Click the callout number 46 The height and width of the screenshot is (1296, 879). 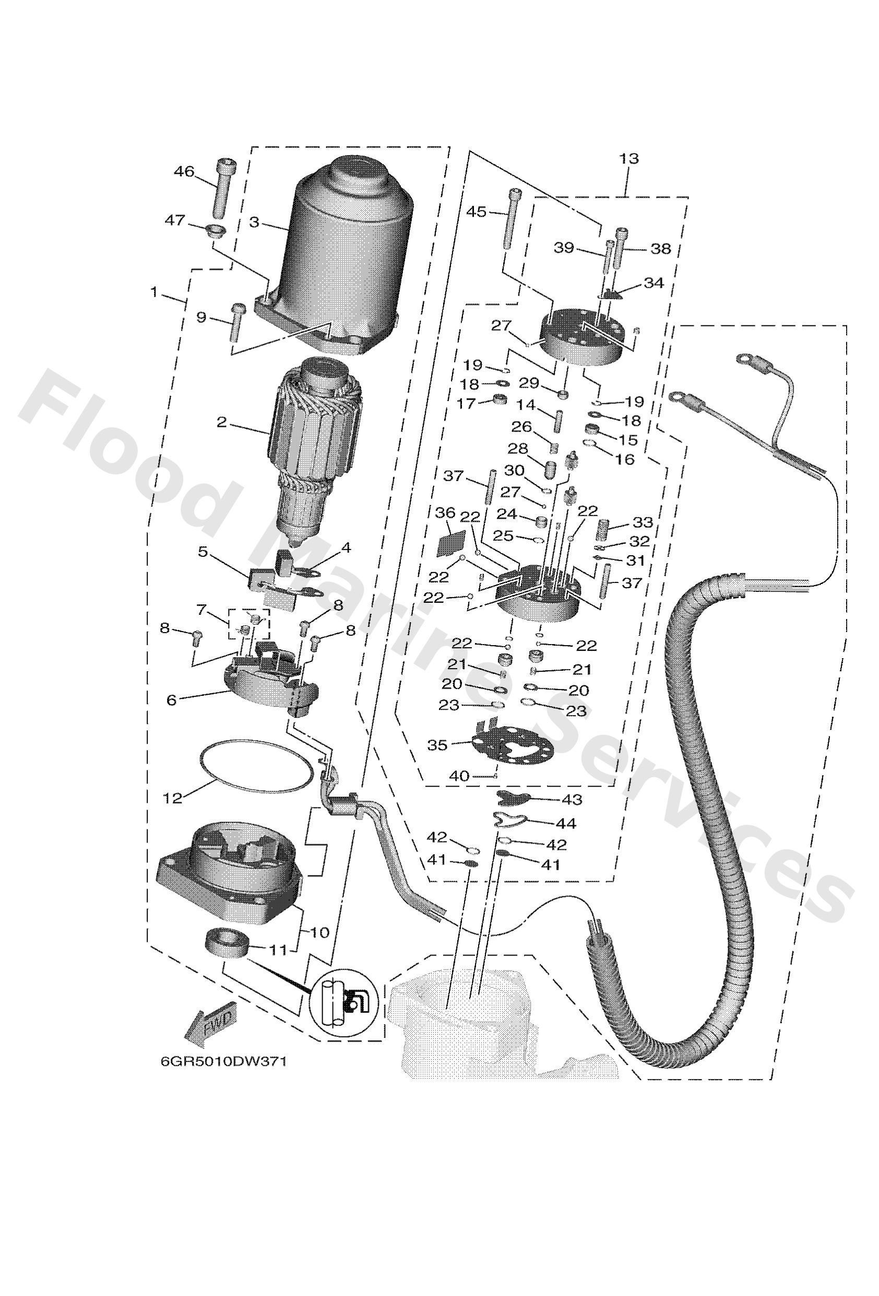pyautogui.click(x=184, y=171)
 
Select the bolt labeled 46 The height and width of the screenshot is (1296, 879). pyautogui.click(x=221, y=188)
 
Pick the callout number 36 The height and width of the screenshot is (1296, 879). pyautogui.click(x=445, y=513)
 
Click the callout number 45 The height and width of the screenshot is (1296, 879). pyautogui.click(x=477, y=212)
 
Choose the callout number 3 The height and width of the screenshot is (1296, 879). pyautogui.click(x=254, y=223)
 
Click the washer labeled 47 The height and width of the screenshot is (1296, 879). pyautogui.click(x=213, y=229)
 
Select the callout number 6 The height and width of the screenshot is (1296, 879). pyautogui.click(x=171, y=699)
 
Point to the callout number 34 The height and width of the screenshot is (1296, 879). pyautogui.click(x=654, y=283)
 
